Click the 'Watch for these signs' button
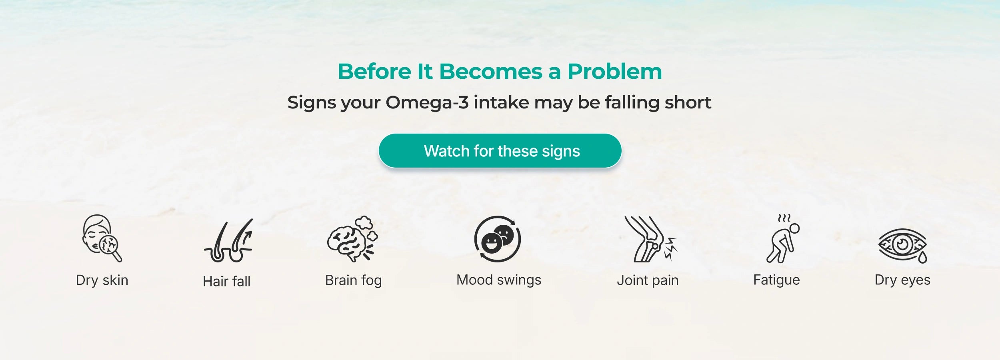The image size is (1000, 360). click(x=500, y=151)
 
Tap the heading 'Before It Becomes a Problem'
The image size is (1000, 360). click(x=500, y=72)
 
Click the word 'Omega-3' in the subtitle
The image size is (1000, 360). click(x=427, y=103)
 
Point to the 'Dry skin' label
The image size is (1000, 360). click(x=102, y=280)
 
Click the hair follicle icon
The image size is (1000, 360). click(x=228, y=240)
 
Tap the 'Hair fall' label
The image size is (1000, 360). click(x=227, y=281)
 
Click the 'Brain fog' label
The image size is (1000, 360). click(x=354, y=280)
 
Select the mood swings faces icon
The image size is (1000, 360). click(x=498, y=239)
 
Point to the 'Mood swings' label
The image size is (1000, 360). click(x=499, y=280)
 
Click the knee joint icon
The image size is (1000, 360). click(x=650, y=239)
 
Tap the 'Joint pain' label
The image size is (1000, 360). click(x=648, y=280)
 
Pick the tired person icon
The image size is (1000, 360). click(x=783, y=239)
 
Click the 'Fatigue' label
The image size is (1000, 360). click(x=776, y=280)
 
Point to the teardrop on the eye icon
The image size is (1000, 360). click(x=922, y=257)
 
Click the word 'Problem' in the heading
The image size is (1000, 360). click(x=615, y=72)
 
